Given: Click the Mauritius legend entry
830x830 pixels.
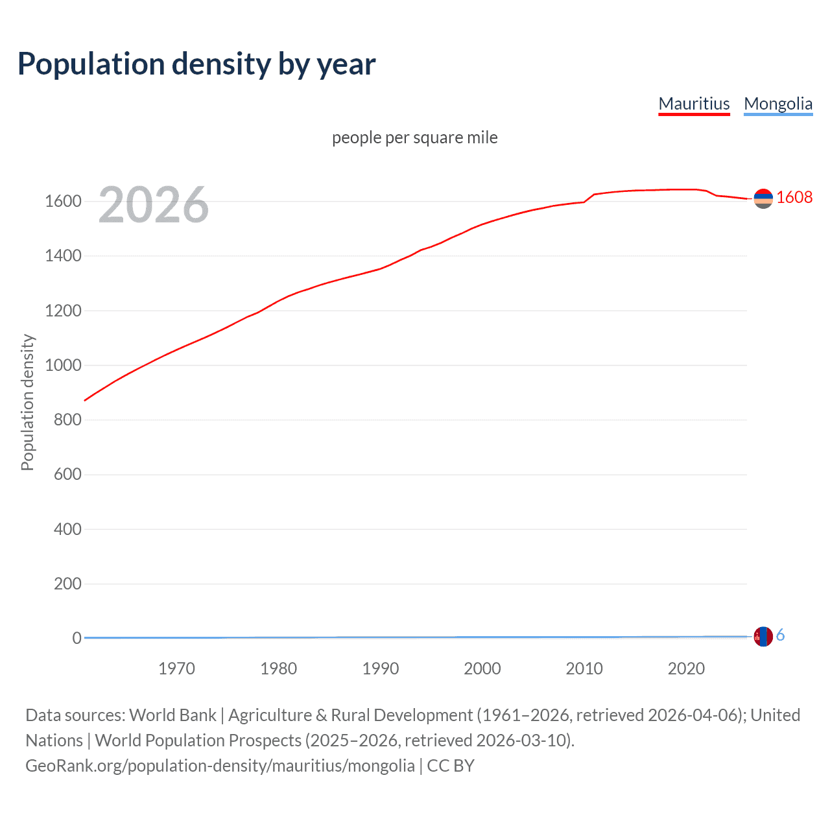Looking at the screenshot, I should (x=694, y=104).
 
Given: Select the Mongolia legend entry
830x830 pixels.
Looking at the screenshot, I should (x=778, y=104).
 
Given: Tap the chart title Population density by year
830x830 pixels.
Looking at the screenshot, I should (x=196, y=64).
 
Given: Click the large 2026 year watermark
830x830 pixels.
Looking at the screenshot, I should (x=154, y=205).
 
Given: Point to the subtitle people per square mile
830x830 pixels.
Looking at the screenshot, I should (x=414, y=137).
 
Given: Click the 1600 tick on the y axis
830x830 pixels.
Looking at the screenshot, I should (x=63, y=201).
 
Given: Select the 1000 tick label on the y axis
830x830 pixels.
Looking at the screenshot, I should (x=63, y=365).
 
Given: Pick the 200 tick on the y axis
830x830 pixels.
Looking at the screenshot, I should (x=67, y=584).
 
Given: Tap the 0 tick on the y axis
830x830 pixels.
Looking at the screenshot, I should (x=77, y=638).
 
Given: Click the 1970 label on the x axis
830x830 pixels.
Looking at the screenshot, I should (x=176, y=669).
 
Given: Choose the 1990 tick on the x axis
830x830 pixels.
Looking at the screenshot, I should (x=381, y=669).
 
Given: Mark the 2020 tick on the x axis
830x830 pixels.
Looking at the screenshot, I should (x=686, y=669).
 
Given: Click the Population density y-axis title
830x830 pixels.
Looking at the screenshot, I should (x=27, y=402).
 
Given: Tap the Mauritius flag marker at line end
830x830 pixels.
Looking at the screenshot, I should (x=763, y=198).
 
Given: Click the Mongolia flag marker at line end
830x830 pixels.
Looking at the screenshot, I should (x=763, y=636).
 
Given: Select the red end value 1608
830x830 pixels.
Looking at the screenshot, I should (x=794, y=197).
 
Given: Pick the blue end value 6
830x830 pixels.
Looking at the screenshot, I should (x=780, y=635).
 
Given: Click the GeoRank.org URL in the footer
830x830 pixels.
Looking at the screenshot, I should (x=220, y=766).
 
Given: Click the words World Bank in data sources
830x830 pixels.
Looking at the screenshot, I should (x=172, y=715).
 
